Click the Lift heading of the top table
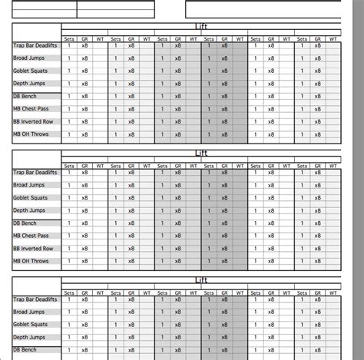point(201,27)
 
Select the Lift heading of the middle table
point(201,154)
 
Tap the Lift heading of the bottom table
point(201,281)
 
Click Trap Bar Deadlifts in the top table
point(34,46)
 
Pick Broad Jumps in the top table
point(29,58)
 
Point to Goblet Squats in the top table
point(31,71)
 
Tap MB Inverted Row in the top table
point(34,121)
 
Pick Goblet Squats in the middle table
point(31,198)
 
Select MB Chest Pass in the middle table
point(32,236)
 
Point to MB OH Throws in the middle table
point(31,260)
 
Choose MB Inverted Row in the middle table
point(34,248)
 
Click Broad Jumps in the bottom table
point(29,312)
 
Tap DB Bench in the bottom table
point(26,349)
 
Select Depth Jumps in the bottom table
point(30,337)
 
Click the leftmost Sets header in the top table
point(69,38)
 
